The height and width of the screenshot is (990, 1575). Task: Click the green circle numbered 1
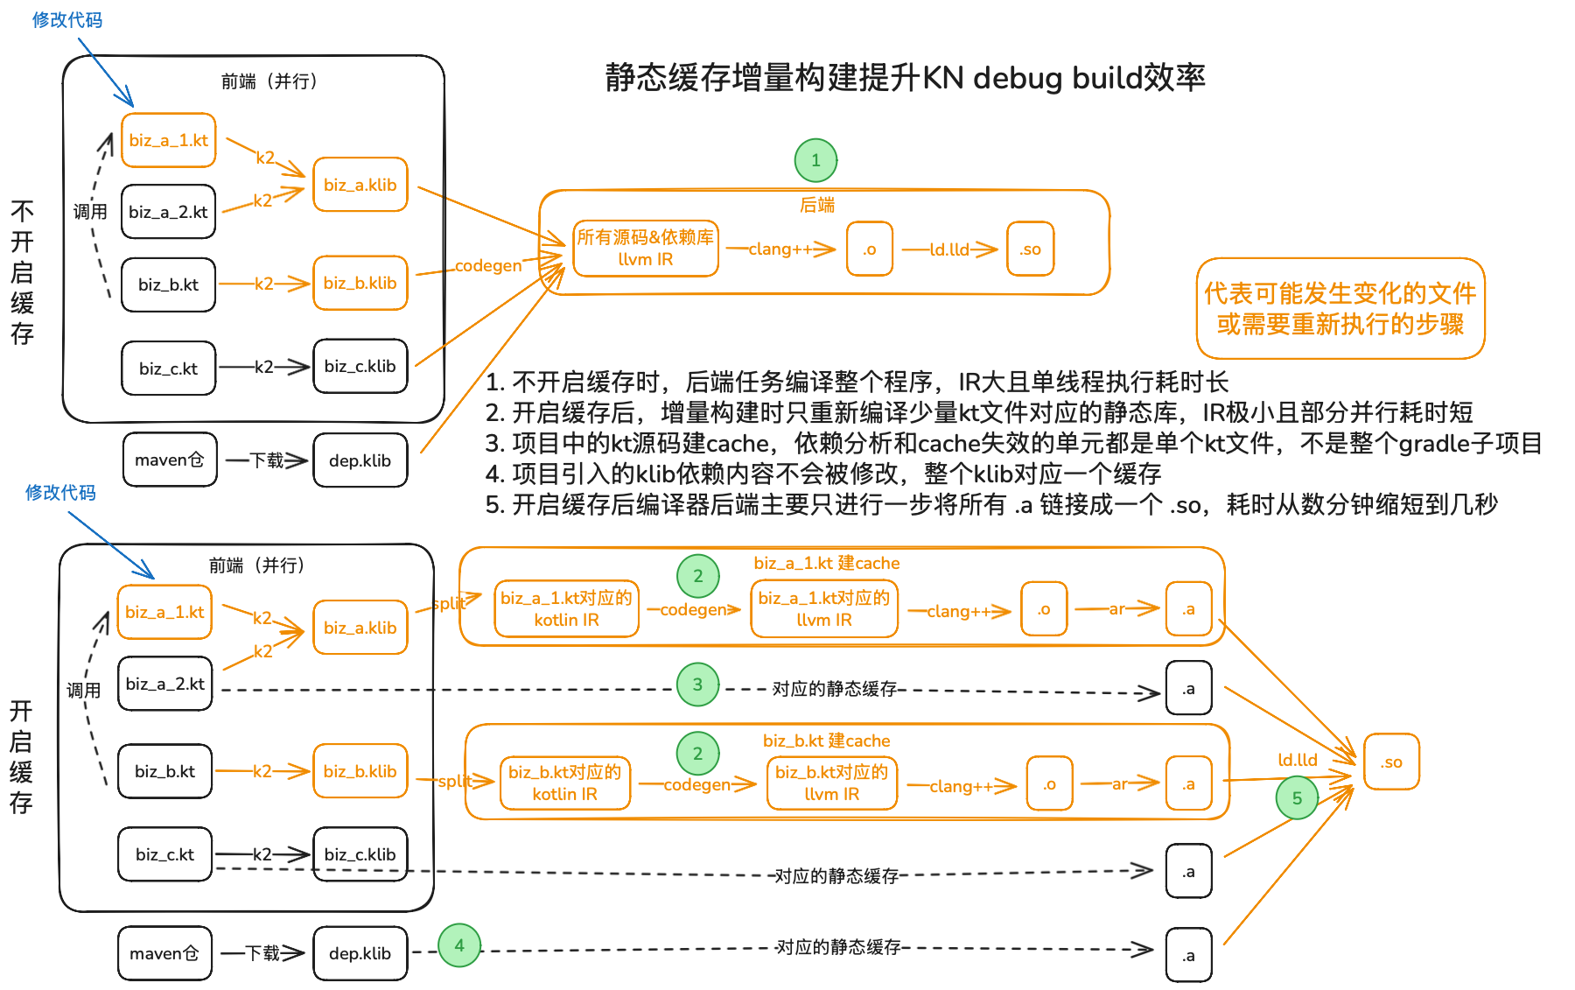tap(815, 160)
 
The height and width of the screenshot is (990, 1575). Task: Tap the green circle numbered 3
tap(697, 685)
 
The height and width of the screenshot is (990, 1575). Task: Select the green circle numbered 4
tap(459, 945)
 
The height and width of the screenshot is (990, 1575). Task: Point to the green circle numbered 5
tap(1297, 798)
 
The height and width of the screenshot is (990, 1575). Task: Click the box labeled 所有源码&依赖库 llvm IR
tap(646, 249)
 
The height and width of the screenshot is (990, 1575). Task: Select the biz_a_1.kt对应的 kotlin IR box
tap(566, 609)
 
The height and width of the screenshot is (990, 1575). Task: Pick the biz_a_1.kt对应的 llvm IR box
tap(824, 609)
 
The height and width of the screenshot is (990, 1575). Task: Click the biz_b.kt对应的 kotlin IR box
tap(565, 783)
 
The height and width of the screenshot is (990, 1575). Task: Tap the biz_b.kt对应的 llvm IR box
tap(831, 783)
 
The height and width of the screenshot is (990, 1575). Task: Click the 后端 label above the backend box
tap(817, 205)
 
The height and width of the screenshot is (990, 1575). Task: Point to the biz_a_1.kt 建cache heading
tap(827, 563)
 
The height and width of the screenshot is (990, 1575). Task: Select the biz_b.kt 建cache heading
tap(827, 741)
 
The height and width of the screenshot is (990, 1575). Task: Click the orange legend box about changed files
tap(1340, 309)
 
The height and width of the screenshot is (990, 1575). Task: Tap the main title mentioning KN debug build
tap(905, 78)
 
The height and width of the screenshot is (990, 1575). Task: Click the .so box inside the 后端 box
tap(1030, 249)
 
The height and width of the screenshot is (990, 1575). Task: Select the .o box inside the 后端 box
tap(870, 249)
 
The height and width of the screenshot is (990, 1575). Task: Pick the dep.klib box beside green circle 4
tap(360, 953)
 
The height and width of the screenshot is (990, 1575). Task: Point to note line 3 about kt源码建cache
tap(1013, 443)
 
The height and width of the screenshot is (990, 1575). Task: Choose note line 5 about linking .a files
tap(991, 504)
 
